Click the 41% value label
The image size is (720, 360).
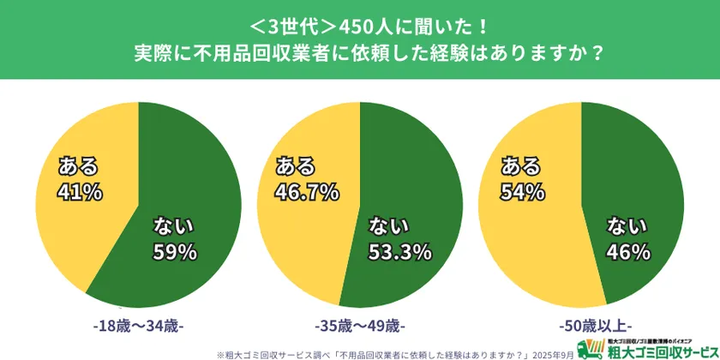click(x=80, y=190)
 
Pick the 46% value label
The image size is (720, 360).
click(x=628, y=252)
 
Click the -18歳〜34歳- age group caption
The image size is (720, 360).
click(x=137, y=327)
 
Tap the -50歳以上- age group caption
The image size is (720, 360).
click(x=581, y=327)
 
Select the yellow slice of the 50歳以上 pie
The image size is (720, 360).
click(x=523, y=249)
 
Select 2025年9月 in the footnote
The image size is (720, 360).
click(x=552, y=351)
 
